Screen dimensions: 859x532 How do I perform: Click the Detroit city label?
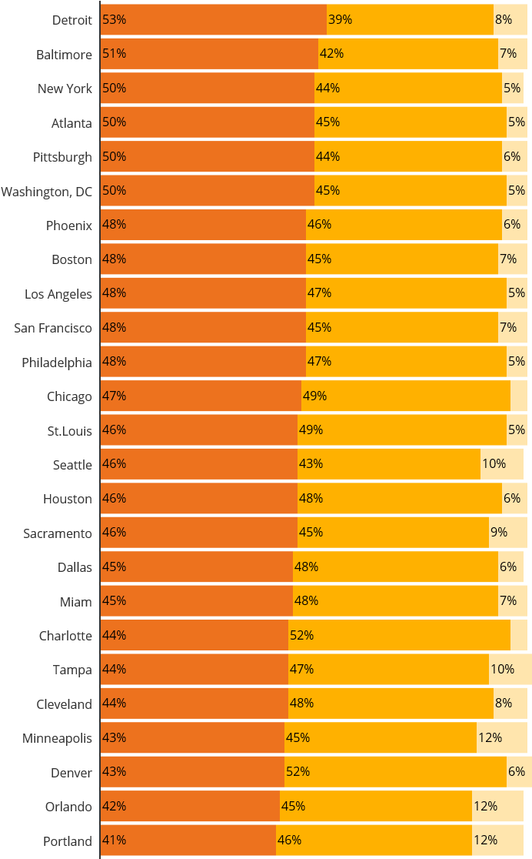72,20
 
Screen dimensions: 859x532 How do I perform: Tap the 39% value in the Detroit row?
340,20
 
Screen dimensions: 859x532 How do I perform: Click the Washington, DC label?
46,191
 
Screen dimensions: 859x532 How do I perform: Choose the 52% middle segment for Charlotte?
399,636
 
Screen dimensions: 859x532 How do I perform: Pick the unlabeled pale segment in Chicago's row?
518,396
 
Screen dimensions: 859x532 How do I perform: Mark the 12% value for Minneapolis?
490,738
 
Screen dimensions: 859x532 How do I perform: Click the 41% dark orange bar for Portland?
188,841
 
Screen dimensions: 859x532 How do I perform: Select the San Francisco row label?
52,328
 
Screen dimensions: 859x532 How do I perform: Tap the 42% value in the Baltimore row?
331,54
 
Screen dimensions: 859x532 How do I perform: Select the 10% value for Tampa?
502,670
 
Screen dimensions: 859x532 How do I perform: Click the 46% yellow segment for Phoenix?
404,225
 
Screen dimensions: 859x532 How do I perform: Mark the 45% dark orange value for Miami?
114,601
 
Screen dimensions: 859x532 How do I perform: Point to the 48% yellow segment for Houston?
400,499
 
